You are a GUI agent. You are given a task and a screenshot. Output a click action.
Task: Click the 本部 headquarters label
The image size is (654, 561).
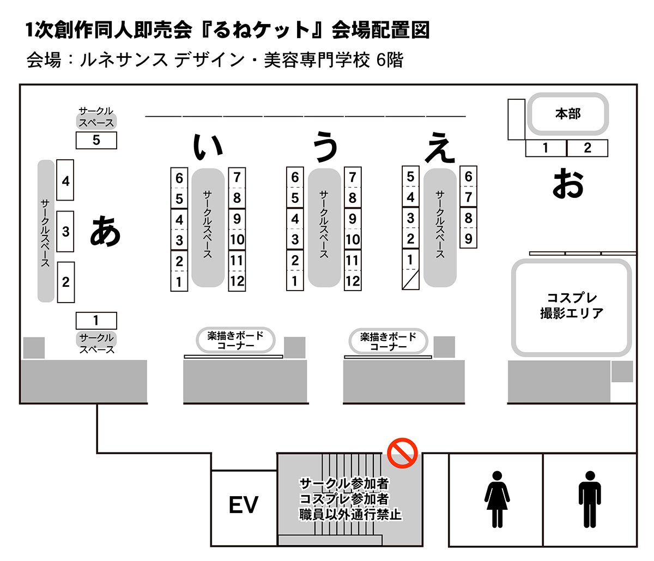pyautogui.click(x=567, y=114)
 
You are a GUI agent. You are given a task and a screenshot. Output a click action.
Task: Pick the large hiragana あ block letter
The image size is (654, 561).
pyautogui.click(x=105, y=231)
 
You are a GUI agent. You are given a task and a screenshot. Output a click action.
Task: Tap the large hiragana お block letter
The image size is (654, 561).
pyautogui.click(x=568, y=183)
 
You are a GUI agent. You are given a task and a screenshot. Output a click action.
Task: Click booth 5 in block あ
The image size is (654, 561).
pyautogui.click(x=96, y=141)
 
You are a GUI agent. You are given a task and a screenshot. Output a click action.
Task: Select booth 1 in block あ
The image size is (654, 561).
pyautogui.click(x=96, y=321)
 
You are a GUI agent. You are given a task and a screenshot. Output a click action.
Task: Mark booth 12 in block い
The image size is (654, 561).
pyautogui.click(x=237, y=281)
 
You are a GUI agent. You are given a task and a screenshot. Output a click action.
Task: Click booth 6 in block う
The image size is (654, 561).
pyautogui.click(x=295, y=177)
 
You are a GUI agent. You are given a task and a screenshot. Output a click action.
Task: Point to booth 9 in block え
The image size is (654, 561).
pyautogui.click(x=468, y=238)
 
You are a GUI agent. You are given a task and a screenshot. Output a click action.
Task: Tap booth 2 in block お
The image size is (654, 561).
pyautogui.click(x=587, y=148)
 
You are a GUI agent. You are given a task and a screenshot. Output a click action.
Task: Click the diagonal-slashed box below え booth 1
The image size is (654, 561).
pyautogui.click(x=410, y=279)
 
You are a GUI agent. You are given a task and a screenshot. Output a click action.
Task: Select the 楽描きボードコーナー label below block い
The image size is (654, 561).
pyautogui.click(x=235, y=340)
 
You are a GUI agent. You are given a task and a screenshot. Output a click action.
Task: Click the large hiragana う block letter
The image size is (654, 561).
pyautogui.click(x=326, y=149)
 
